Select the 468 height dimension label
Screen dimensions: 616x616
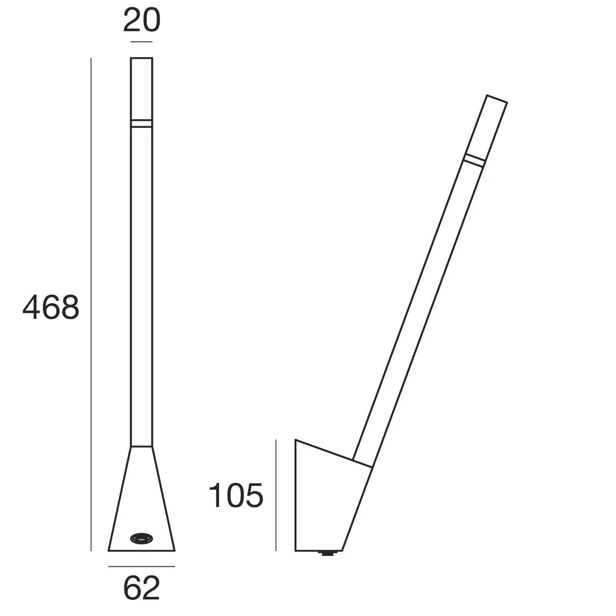point(51,308)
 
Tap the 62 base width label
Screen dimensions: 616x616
point(142,588)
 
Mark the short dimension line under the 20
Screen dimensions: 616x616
point(142,42)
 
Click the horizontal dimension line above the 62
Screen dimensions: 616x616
point(142,566)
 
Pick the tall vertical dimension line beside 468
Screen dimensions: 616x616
point(91,304)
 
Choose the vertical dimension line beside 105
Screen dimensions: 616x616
point(276,495)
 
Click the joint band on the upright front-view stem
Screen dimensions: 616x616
point(142,123)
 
